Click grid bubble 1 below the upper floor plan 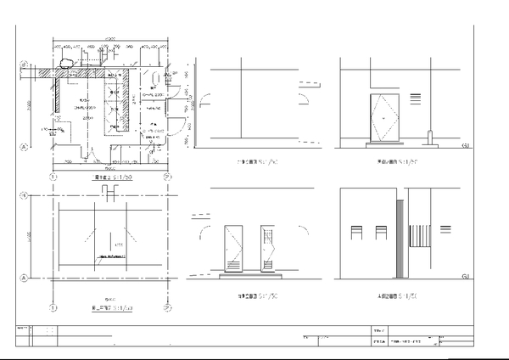pyautogui.click(x=53, y=177)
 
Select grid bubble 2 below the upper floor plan pyautogui.click(x=167, y=177)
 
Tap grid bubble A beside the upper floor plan pyautogui.click(x=24, y=146)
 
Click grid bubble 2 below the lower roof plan pyautogui.click(x=167, y=307)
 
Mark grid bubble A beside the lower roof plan pyautogui.click(x=24, y=278)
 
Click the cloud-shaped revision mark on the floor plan pyautogui.click(x=67, y=61)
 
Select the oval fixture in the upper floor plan pyautogui.click(x=155, y=74)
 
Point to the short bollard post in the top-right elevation pyautogui.click(x=430, y=136)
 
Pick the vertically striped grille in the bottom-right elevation pyautogui.click(x=418, y=235)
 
